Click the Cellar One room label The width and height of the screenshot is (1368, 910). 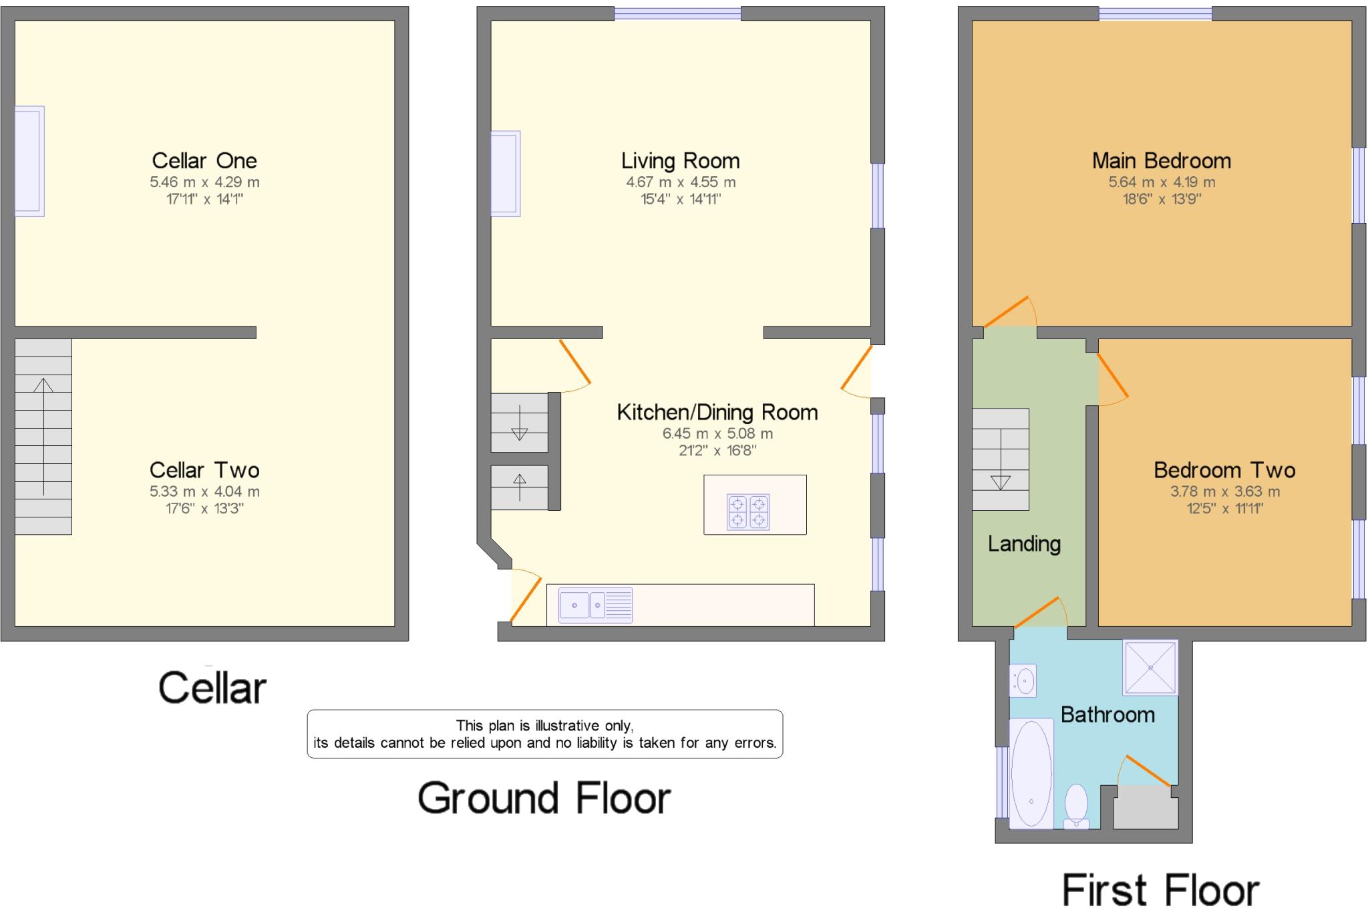pyautogui.click(x=204, y=161)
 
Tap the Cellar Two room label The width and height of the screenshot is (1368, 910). pyautogui.click(x=204, y=470)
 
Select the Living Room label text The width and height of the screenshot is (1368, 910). pyautogui.click(x=681, y=161)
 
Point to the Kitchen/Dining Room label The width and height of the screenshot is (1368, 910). pyautogui.click(x=717, y=413)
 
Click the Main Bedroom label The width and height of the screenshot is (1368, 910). pyautogui.click(x=1162, y=161)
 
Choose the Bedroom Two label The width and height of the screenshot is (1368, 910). pyautogui.click(x=1224, y=470)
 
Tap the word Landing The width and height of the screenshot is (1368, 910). pyautogui.click(x=1024, y=544)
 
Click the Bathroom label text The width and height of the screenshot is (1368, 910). pyautogui.click(x=1107, y=715)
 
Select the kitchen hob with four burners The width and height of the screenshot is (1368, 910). pyautogui.click(x=748, y=512)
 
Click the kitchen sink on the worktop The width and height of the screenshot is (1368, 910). pyautogui.click(x=595, y=606)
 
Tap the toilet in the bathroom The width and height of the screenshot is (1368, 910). pyautogui.click(x=1076, y=806)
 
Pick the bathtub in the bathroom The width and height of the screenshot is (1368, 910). pyautogui.click(x=1031, y=774)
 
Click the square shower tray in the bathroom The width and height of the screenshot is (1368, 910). pyautogui.click(x=1150, y=668)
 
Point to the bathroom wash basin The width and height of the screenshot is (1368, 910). pyautogui.click(x=1023, y=681)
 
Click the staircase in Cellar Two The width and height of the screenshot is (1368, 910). pyautogui.click(x=43, y=437)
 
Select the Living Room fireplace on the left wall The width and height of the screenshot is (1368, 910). pyautogui.click(x=506, y=174)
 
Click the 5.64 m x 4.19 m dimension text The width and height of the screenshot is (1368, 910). pyautogui.click(x=1162, y=182)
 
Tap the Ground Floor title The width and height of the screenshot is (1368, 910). pyautogui.click(x=544, y=799)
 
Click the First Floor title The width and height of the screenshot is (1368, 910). pyautogui.click(x=1161, y=890)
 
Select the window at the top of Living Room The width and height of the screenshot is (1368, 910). pyautogui.click(x=677, y=13)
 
